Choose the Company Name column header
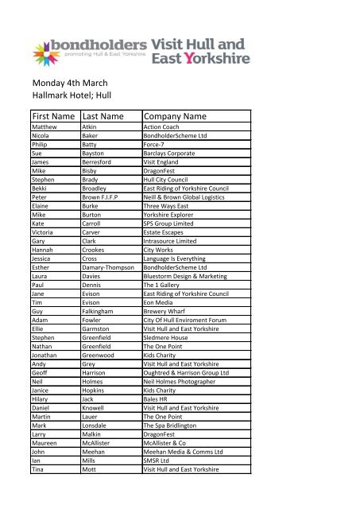pos(182,116)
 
